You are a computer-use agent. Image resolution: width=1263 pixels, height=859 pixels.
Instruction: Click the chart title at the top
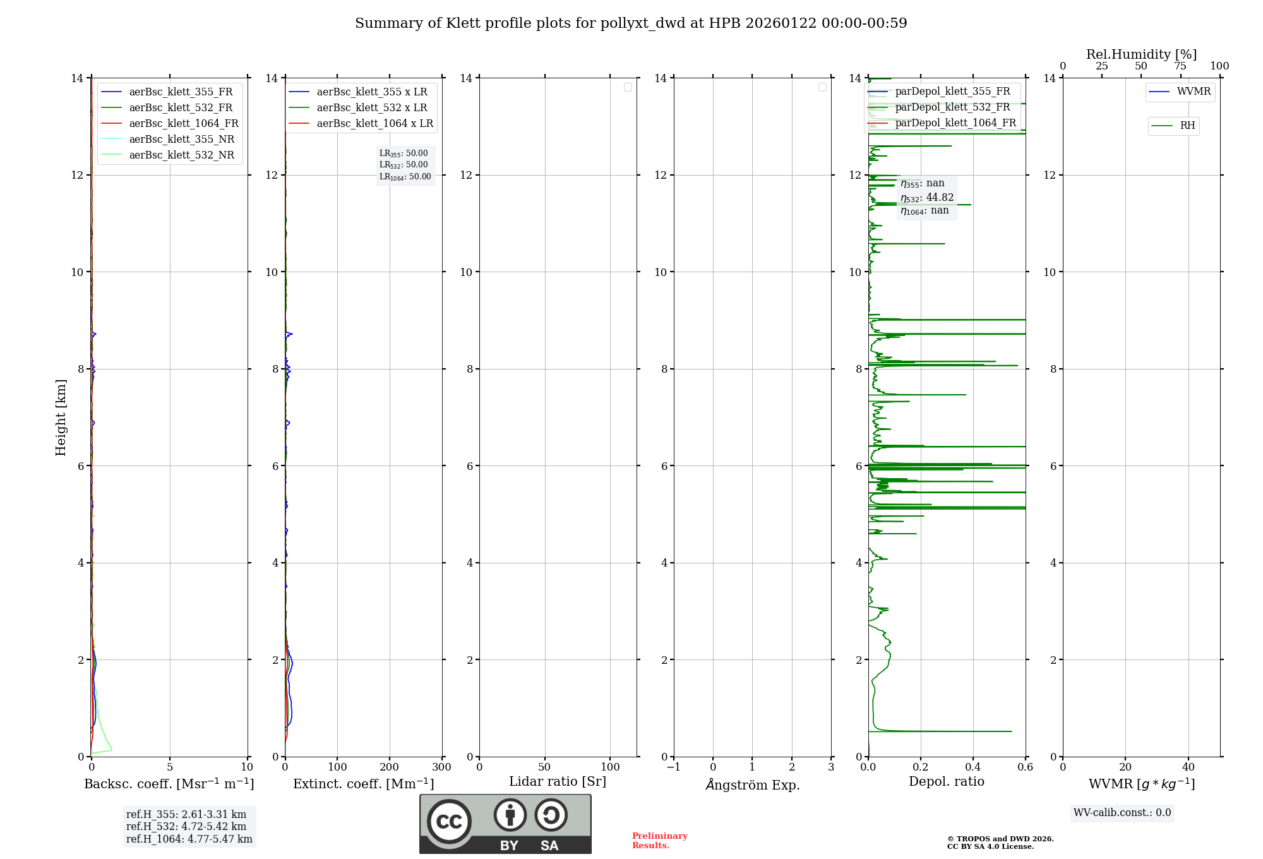click(x=631, y=23)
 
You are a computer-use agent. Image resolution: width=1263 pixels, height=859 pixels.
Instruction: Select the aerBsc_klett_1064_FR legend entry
click(x=183, y=123)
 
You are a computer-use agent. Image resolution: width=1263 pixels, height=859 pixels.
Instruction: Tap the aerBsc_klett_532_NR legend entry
click(x=181, y=155)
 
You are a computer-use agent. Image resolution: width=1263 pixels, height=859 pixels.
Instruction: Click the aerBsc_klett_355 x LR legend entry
click(x=371, y=92)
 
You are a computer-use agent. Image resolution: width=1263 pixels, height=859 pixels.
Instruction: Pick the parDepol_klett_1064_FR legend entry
click(x=955, y=123)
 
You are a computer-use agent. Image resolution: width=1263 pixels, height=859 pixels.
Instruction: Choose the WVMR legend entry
click(x=1193, y=92)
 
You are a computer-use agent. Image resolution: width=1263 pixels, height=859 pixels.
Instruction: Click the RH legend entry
click(x=1187, y=126)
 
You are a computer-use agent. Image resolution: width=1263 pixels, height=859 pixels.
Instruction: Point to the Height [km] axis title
click(x=61, y=417)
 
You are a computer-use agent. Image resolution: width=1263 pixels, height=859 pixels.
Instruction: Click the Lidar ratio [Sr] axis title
click(x=558, y=781)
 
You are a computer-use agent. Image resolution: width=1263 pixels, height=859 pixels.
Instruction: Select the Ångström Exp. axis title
click(x=752, y=784)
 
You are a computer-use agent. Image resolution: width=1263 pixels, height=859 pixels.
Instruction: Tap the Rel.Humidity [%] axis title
click(x=1141, y=54)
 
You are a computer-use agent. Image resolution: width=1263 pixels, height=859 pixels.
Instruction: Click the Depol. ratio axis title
click(x=946, y=781)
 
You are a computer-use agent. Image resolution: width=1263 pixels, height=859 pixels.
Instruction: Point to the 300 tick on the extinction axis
click(x=441, y=767)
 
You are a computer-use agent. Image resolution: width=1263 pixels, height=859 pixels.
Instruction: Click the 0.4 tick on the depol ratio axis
click(x=973, y=767)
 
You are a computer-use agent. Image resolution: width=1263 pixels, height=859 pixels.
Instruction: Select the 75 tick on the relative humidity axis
click(x=1180, y=66)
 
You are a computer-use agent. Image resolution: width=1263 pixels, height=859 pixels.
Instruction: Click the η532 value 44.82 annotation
click(x=927, y=198)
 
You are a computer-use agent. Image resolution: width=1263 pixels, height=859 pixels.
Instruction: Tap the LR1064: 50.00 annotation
click(x=405, y=177)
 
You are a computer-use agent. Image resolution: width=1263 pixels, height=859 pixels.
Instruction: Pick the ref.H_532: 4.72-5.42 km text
click(x=186, y=826)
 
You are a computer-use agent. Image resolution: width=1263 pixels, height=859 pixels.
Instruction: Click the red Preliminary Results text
click(x=659, y=840)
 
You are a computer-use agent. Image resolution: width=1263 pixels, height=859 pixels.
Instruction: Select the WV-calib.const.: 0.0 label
click(x=1122, y=812)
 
